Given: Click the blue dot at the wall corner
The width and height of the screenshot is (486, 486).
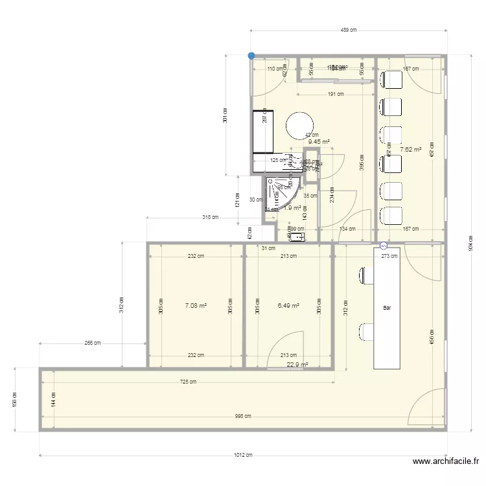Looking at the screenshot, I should pyautogui.click(x=251, y=56).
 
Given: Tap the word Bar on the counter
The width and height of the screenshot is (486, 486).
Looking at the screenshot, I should pyautogui.click(x=387, y=308).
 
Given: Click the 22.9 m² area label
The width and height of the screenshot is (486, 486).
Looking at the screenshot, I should pyautogui.click(x=297, y=365).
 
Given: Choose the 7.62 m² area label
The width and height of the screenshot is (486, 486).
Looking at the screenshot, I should pyautogui.click(x=411, y=150).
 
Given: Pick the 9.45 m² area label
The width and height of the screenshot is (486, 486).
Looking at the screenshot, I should pyautogui.click(x=319, y=142).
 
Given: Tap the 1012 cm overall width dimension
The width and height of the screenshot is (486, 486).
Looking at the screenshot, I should pyautogui.click(x=242, y=455).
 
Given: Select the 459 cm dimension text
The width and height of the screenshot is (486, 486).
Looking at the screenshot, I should pyautogui.click(x=349, y=30).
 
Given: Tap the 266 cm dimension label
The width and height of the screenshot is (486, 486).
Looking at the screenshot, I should pyautogui.click(x=92, y=343).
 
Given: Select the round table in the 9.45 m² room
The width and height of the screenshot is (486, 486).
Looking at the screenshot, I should pyautogui.click(x=299, y=125).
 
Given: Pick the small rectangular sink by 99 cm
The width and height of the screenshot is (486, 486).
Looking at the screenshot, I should pyautogui.click(x=298, y=238).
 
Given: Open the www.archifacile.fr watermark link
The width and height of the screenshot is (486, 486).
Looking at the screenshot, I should pyautogui.click(x=445, y=461).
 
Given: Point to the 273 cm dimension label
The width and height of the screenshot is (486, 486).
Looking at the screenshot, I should pyautogui.click(x=389, y=255).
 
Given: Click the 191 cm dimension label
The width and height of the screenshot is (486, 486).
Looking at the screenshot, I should pyautogui.click(x=335, y=95).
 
